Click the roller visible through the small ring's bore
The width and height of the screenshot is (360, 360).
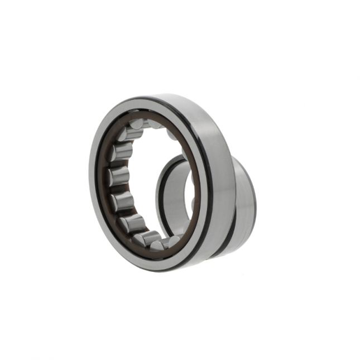click(x=193, y=204)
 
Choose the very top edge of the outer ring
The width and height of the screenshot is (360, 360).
click(x=167, y=94)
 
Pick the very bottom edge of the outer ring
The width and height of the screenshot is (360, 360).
click(x=167, y=271)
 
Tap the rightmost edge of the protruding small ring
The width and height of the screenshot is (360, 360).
click(x=255, y=195)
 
